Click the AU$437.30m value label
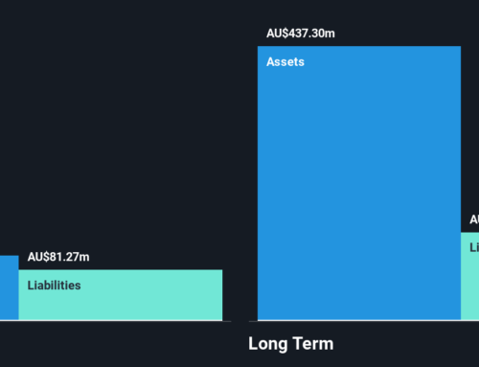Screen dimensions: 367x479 pyautogui.click(x=301, y=34)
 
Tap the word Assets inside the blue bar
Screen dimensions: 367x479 pyautogui.click(x=285, y=60)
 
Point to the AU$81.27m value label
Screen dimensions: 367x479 pyautogui.click(x=58, y=257)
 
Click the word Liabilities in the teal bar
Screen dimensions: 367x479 pyautogui.click(x=54, y=285)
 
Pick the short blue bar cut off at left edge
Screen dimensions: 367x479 pyautogui.click(x=9, y=287)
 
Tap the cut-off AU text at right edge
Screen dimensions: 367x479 pyautogui.click(x=473, y=219)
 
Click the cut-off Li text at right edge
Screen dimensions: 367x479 pyautogui.click(x=474, y=247)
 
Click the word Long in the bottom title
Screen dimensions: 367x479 pyautogui.click(x=268, y=344)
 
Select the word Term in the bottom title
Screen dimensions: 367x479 pyautogui.click(x=313, y=344)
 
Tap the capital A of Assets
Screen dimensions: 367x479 pyautogui.click(x=271, y=60)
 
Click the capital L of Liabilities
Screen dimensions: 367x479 pyautogui.click(x=31, y=285)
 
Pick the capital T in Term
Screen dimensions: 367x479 pyautogui.click(x=298, y=344)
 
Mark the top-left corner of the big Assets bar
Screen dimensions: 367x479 pyautogui.click(x=259, y=47)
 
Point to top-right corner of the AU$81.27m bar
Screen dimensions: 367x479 pyautogui.click(x=221, y=270)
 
